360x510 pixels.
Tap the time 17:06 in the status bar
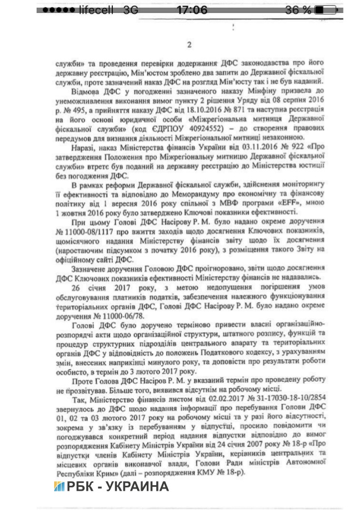pyautogui.click(x=191, y=10)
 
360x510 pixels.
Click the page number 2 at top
pyautogui.click(x=190, y=45)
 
